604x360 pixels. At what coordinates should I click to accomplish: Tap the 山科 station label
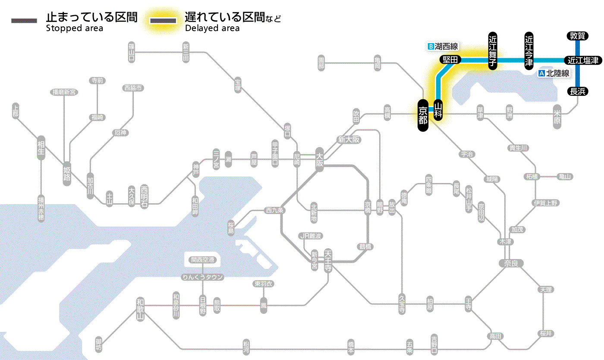[x=438, y=111]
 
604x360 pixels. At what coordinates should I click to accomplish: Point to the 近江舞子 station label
[x=492, y=51]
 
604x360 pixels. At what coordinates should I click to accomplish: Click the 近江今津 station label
[x=529, y=50]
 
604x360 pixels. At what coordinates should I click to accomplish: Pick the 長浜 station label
[x=577, y=91]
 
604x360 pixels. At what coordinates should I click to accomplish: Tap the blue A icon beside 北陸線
[x=541, y=73]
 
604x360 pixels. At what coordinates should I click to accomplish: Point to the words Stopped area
[x=74, y=28]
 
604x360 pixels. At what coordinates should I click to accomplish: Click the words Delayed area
[x=212, y=28]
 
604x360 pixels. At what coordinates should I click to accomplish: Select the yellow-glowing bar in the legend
[x=163, y=21]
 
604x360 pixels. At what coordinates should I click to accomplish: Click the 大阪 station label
[x=319, y=159]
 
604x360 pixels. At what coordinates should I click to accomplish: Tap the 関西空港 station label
[x=202, y=260]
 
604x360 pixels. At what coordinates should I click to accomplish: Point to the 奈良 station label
[x=510, y=263]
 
